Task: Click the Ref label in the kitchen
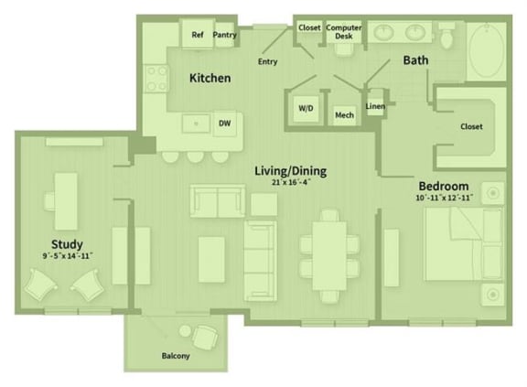(x=197, y=36)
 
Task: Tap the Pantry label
(x=224, y=36)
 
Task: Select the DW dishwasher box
(x=224, y=122)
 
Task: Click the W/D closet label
(x=305, y=108)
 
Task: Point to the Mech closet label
(x=344, y=115)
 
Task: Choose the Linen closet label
(x=374, y=106)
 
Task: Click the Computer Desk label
(x=343, y=32)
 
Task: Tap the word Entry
(x=267, y=61)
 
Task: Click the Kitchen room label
(x=210, y=79)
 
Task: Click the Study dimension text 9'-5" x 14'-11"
(x=67, y=257)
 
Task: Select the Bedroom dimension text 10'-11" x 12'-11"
(x=444, y=197)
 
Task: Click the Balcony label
(x=176, y=356)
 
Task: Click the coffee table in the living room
(x=211, y=252)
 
